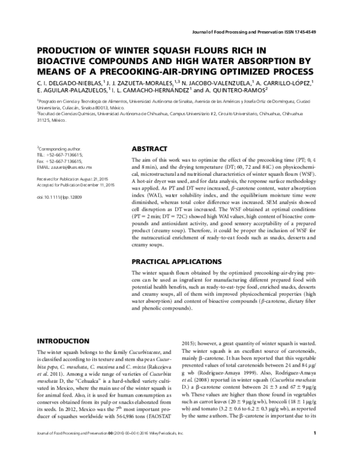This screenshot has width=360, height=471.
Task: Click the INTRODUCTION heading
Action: [63, 340]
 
